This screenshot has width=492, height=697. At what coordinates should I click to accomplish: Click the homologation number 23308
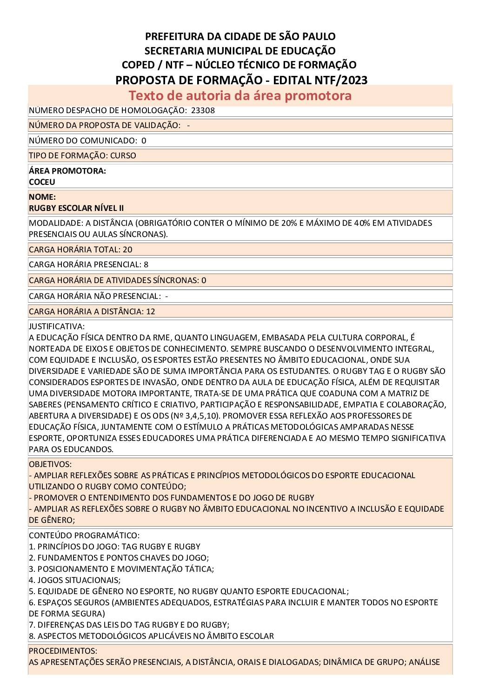coord(203,110)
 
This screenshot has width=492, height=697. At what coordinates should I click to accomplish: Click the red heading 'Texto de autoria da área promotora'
coord(240,95)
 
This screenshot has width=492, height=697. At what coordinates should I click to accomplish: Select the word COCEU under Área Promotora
coord(42,182)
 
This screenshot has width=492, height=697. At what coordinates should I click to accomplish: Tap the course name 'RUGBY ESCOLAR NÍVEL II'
coord(76,208)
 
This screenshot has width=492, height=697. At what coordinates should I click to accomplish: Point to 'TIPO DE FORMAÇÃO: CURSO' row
coord(82,156)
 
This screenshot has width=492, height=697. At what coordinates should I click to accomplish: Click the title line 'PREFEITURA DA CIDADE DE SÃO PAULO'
coord(240,36)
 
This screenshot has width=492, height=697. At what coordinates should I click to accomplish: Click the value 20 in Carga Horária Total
coord(127,250)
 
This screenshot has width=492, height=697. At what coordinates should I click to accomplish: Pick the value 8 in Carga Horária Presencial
coord(146,264)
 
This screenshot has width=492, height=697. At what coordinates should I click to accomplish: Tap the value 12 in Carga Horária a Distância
coord(151,311)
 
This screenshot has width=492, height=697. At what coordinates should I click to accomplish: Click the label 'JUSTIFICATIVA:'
coord(57,326)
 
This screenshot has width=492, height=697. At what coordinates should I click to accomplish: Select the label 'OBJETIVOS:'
coord(50,464)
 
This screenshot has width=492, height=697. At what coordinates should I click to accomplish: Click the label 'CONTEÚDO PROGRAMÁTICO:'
coord(84,535)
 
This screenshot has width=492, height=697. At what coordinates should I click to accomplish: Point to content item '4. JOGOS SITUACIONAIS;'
coord(74,580)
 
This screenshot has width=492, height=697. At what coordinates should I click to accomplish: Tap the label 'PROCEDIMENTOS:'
coord(63,651)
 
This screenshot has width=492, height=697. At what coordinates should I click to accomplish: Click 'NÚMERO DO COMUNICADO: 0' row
coord(87,141)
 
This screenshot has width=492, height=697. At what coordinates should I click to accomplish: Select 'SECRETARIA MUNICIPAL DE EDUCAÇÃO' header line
coord(240,51)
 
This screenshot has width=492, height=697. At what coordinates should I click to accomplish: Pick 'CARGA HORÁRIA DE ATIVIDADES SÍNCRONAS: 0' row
coord(117,280)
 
